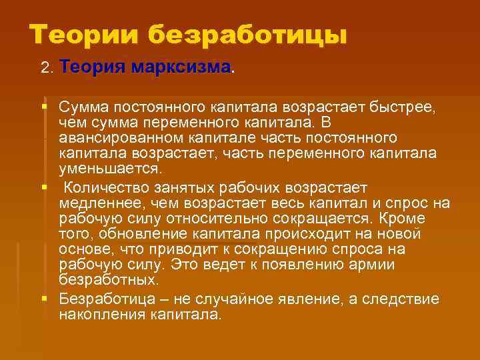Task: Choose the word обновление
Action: pos(146,233)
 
